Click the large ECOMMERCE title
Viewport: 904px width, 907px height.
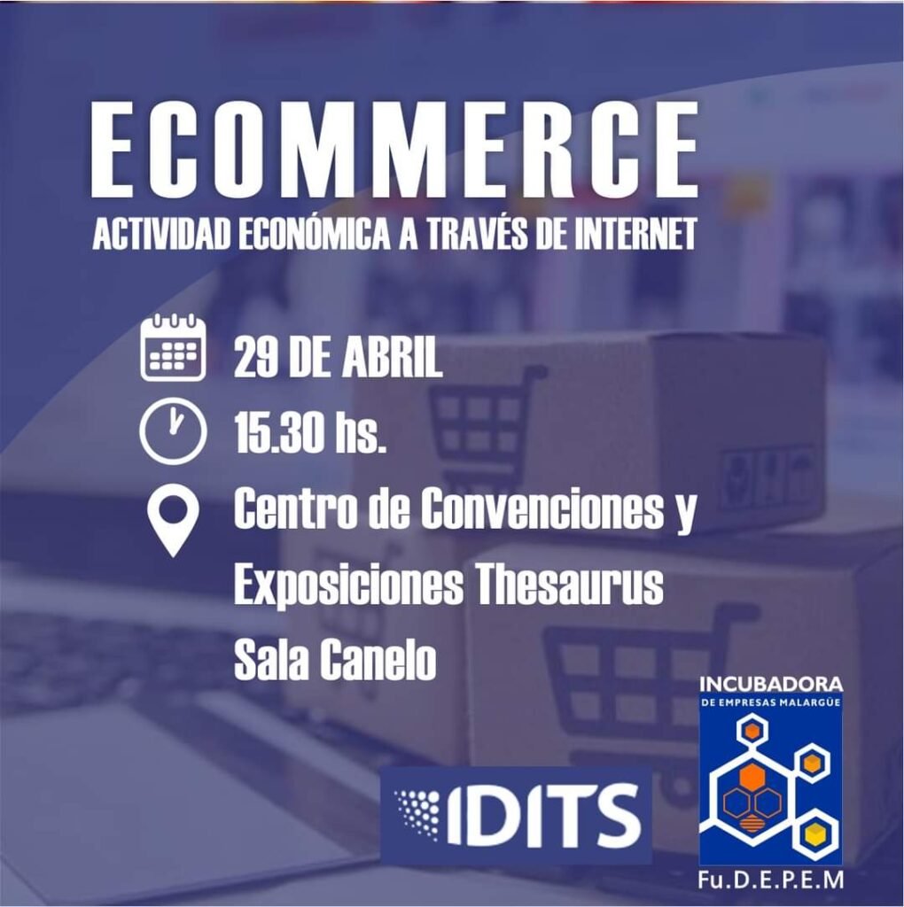coord(394,151)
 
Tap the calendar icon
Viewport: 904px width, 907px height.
coord(173,347)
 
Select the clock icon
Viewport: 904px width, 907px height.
coord(173,431)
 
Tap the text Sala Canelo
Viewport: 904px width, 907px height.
coord(334,660)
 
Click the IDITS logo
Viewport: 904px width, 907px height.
coord(516,815)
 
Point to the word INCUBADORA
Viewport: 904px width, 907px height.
coord(771,685)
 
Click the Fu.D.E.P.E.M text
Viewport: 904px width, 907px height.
coord(770,880)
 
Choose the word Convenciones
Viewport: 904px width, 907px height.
coord(541,509)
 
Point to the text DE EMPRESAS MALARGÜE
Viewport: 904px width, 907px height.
coord(771,702)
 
